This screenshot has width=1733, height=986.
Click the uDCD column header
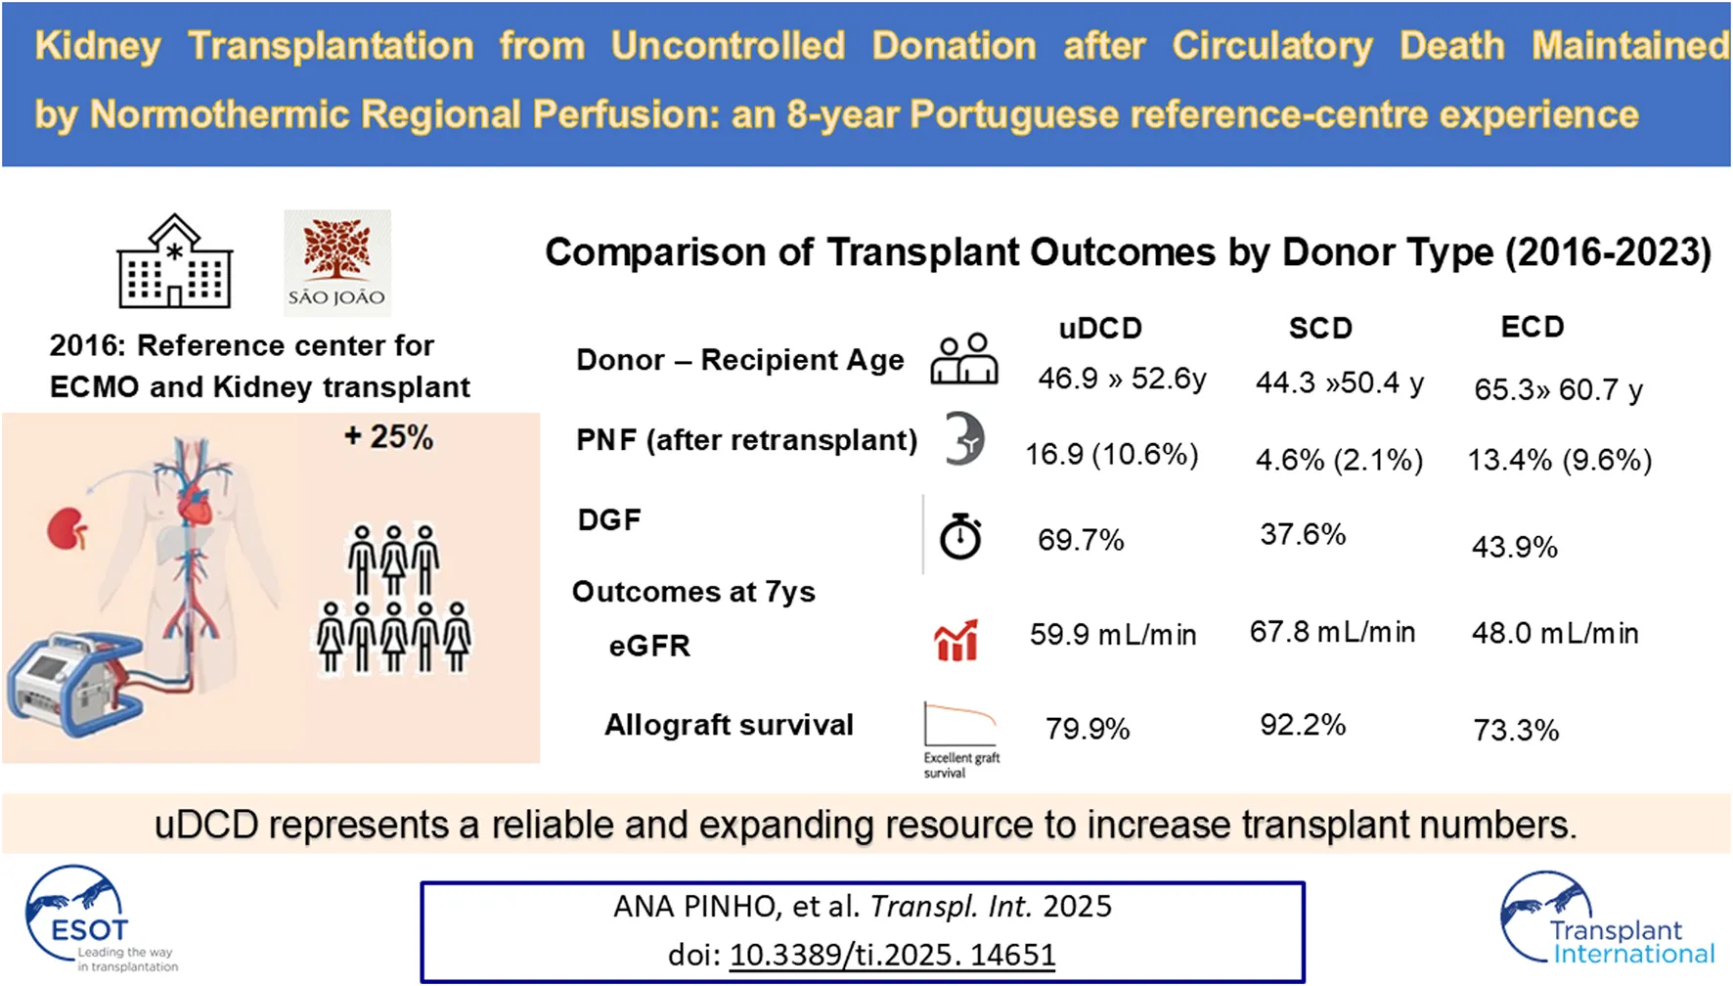(x=1100, y=329)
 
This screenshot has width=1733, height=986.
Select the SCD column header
(x=1320, y=329)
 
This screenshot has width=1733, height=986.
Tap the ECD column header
(x=1532, y=327)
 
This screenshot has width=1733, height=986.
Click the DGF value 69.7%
(x=1081, y=540)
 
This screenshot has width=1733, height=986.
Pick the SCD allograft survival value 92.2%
(x=1303, y=725)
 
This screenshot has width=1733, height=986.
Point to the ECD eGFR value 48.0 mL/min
(x=1554, y=633)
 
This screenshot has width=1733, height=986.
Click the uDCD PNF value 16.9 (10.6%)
(x=1111, y=455)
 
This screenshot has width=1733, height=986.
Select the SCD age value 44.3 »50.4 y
(x=1339, y=382)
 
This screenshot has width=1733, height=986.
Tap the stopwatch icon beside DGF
(x=960, y=536)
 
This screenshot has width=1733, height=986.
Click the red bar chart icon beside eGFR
(x=955, y=641)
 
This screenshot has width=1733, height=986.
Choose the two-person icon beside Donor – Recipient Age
(x=963, y=359)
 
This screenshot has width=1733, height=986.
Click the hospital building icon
(x=175, y=262)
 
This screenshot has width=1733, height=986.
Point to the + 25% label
(x=388, y=437)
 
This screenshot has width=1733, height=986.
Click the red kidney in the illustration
(x=67, y=529)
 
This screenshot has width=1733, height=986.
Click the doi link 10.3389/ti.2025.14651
(x=892, y=955)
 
